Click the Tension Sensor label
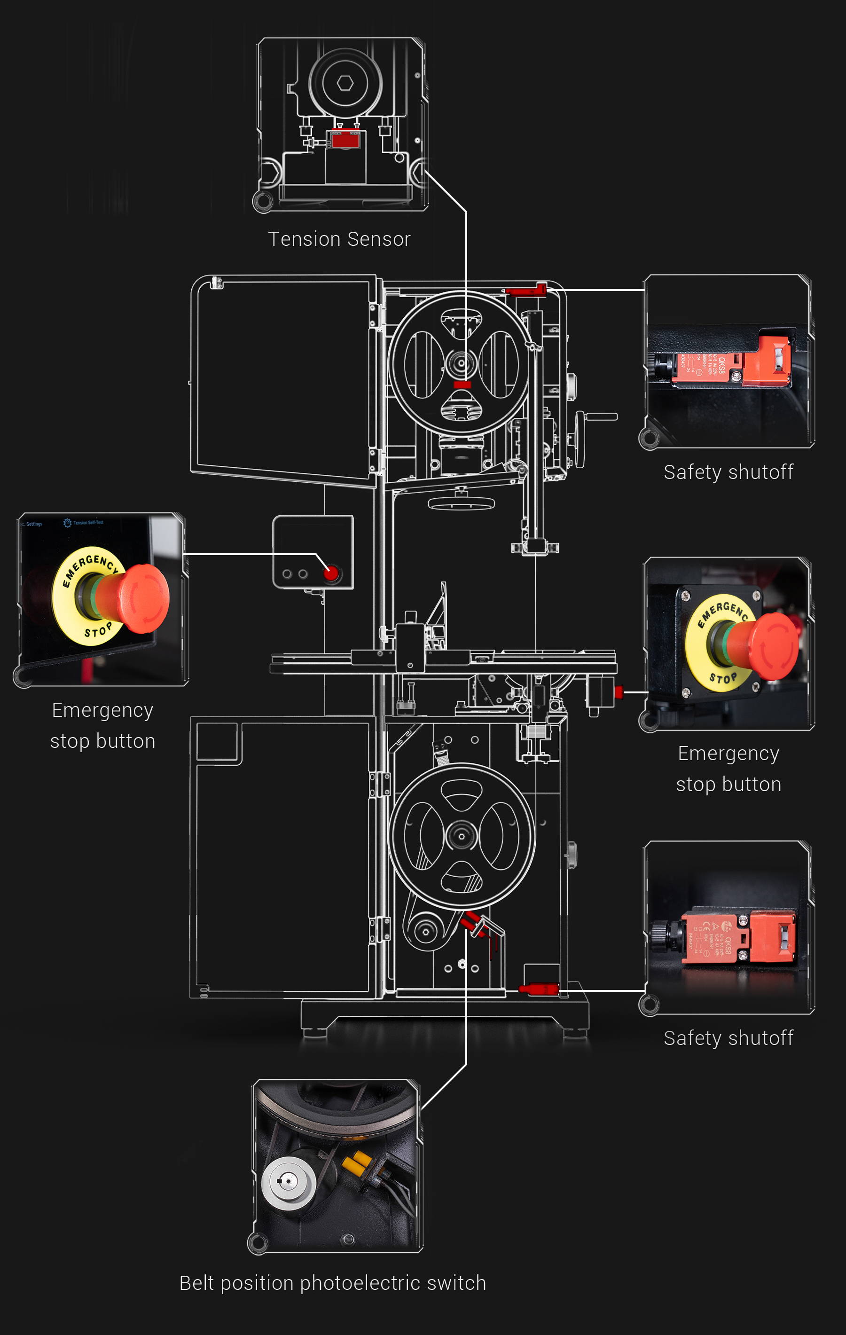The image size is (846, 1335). click(339, 239)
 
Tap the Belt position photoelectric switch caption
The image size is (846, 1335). click(333, 1283)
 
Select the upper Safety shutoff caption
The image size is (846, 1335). click(728, 472)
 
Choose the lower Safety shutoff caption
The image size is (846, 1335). click(728, 1038)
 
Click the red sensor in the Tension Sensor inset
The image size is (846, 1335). click(345, 139)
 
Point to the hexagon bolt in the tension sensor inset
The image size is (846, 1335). click(345, 83)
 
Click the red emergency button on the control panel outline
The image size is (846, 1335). click(331, 573)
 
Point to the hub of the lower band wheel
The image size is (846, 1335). click(461, 835)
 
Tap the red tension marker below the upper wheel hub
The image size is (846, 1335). click(462, 384)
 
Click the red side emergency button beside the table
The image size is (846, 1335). click(619, 691)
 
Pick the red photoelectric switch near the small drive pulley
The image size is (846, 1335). click(471, 923)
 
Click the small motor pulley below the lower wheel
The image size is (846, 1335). click(425, 931)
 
